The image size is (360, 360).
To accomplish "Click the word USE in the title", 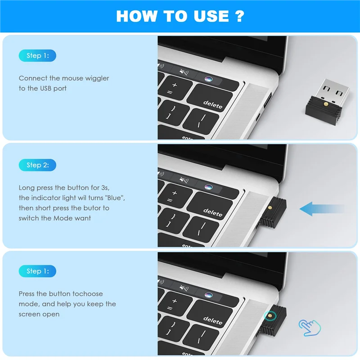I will pyautogui.click(x=209, y=16).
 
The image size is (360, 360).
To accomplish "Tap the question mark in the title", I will pyautogui.click(x=239, y=16).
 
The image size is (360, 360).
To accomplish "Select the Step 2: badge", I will pyautogui.click(x=37, y=165).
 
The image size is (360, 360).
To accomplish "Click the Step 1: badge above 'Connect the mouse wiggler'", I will pyautogui.click(x=37, y=56).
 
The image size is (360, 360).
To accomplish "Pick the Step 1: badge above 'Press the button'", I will pyautogui.click(x=37, y=271).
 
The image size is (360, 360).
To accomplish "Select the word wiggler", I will pyautogui.click(x=97, y=78).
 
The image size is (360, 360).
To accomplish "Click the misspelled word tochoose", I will pyautogui.click(x=87, y=293).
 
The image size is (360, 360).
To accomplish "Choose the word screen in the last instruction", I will pyautogui.click(x=28, y=314).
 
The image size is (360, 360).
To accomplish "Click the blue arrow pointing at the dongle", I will pyautogui.click(x=321, y=208).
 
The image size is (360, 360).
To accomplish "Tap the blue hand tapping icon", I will pyautogui.click(x=310, y=328).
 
